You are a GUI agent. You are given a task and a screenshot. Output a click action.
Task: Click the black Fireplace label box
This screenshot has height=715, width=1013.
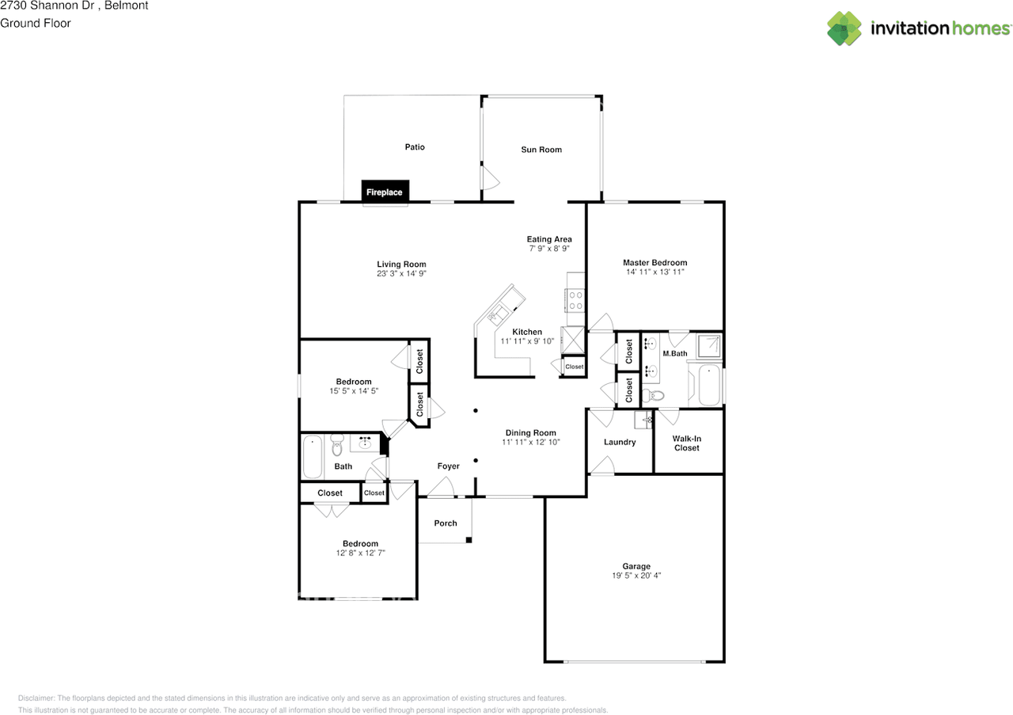click(x=385, y=192)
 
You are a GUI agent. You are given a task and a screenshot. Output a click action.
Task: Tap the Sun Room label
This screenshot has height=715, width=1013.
click(x=541, y=150)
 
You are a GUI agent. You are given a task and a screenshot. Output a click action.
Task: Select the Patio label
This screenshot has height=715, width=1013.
click(x=415, y=147)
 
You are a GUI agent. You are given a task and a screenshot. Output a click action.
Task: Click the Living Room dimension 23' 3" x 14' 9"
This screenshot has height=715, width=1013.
click(x=401, y=274)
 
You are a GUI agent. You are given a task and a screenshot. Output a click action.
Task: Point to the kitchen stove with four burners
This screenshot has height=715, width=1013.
click(x=575, y=300)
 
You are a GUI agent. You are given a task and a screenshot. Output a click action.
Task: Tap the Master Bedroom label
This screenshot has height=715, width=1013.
click(x=654, y=263)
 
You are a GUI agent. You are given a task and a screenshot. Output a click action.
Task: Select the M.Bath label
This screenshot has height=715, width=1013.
click(x=674, y=353)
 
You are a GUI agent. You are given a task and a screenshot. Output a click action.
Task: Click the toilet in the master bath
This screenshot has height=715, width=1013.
click(x=654, y=395)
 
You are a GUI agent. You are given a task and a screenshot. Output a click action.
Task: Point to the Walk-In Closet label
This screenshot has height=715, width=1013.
click(x=686, y=443)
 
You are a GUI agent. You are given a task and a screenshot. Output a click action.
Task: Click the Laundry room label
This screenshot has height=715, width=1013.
click(x=620, y=442)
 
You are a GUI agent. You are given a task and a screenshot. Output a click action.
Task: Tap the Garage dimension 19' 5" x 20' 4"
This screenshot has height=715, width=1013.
click(x=636, y=576)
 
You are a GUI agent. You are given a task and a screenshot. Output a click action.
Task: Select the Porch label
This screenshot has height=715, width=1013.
click(x=446, y=523)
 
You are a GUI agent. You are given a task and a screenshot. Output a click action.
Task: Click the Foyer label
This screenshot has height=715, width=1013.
click(x=449, y=466)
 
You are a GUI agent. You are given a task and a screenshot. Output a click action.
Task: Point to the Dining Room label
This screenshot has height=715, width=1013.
click(x=531, y=433)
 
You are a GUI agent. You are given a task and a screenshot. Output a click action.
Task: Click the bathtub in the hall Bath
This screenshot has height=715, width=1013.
click(x=313, y=457)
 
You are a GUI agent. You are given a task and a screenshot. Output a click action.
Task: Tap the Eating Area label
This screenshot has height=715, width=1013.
click(x=549, y=239)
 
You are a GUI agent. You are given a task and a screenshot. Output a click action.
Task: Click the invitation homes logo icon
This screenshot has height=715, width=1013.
click(x=844, y=29)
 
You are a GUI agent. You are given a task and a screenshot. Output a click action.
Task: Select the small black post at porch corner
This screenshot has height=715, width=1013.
click(x=469, y=540)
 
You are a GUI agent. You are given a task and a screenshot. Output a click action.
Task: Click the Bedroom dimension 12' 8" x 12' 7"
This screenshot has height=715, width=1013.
click(x=360, y=553)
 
